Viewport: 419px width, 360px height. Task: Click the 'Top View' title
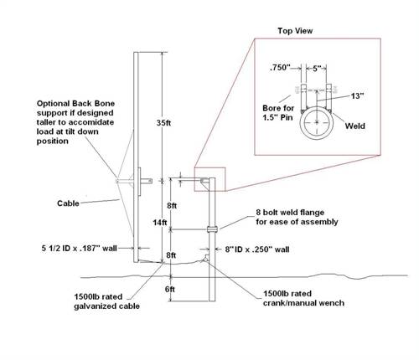pos(295,31)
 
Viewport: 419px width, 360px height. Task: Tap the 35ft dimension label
pos(163,123)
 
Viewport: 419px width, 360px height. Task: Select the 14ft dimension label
pos(160,223)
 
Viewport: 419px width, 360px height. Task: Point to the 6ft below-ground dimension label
pos(169,289)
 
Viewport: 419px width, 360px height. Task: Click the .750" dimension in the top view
pos(280,68)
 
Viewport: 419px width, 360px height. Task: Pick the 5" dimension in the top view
pos(317,69)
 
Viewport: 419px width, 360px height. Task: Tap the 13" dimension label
pos(357,96)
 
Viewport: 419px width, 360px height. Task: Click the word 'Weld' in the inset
pos(354,126)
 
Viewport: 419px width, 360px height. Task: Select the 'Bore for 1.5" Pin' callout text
pos(278,112)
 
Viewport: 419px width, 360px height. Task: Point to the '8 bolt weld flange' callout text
pos(297,217)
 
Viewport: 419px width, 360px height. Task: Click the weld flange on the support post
pos(212,229)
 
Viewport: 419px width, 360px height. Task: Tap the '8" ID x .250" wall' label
pos(257,249)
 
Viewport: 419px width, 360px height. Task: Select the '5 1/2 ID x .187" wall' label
pos(79,248)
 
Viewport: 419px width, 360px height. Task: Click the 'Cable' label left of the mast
pos(68,203)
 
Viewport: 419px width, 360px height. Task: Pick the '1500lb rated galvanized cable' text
pos(106,301)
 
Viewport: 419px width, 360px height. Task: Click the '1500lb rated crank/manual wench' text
pos(303,298)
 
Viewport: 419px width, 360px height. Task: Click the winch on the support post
pos(205,258)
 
